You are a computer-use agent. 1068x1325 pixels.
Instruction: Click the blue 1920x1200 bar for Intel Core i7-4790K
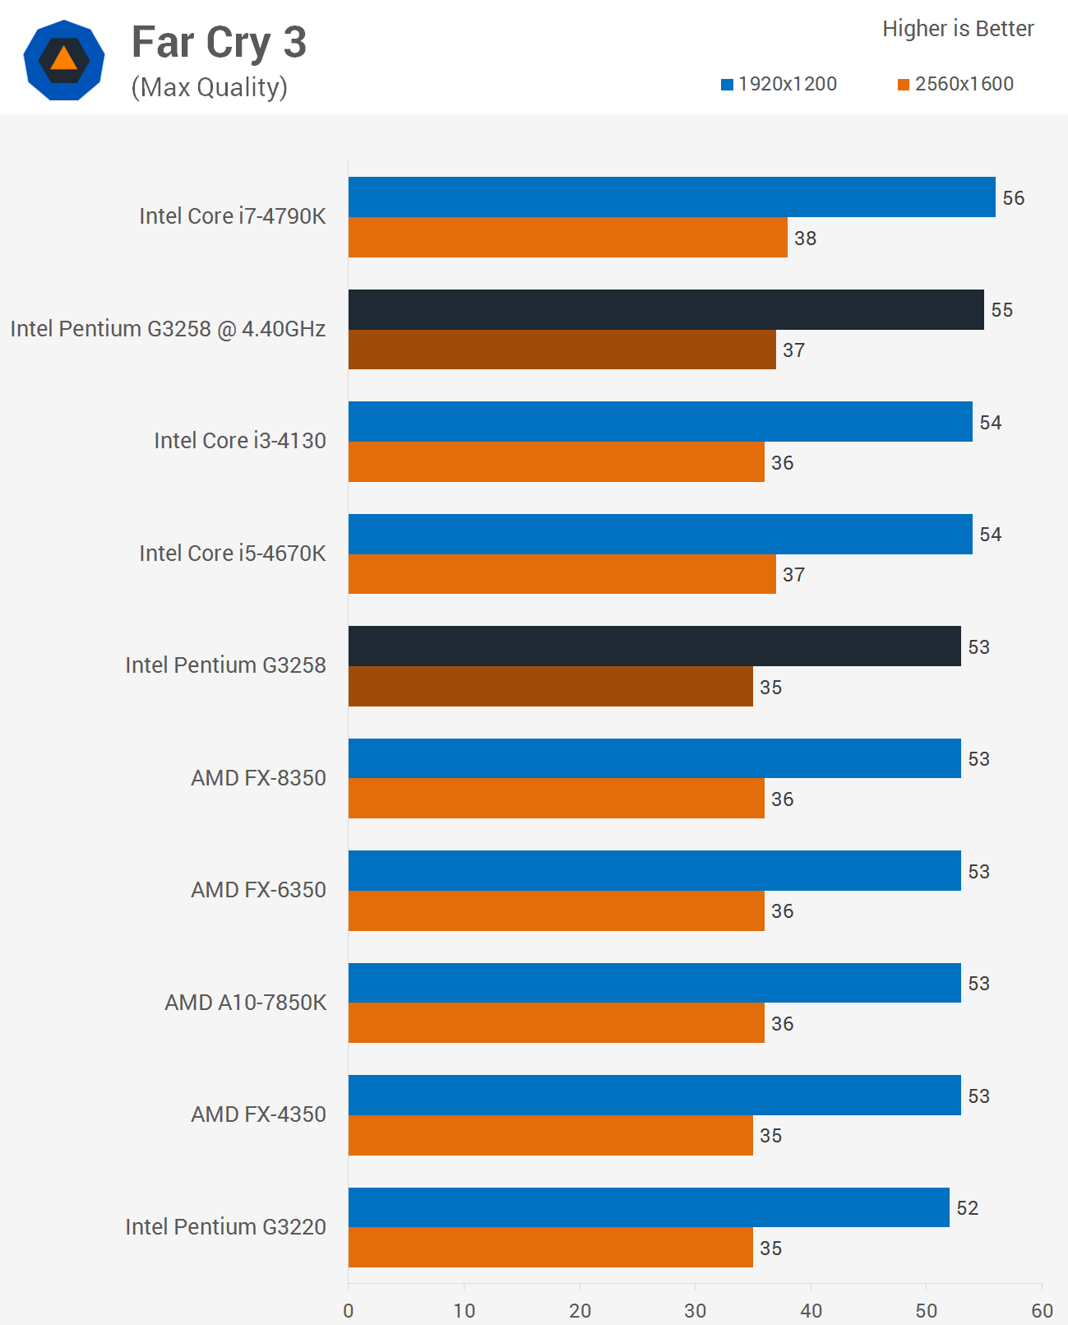(x=671, y=197)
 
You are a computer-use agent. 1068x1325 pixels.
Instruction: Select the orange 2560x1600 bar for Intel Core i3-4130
(x=556, y=462)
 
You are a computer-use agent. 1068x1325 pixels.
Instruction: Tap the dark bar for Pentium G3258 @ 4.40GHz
(x=666, y=310)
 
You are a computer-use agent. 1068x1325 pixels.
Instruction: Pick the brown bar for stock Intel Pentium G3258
(x=550, y=687)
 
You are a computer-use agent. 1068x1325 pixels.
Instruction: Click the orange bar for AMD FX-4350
(x=550, y=1136)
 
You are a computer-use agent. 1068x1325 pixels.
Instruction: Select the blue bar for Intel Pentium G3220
(x=648, y=1207)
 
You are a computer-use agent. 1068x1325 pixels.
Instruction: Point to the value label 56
(x=1013, y=198)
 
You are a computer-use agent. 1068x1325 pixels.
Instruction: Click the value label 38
(x=805, y=239)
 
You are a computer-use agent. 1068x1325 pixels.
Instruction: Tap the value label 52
(x=967, y=1208)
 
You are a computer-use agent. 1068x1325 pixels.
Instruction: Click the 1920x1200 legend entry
(x=779, y=84)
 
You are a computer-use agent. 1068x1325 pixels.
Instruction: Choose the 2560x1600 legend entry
(x=955, y=84)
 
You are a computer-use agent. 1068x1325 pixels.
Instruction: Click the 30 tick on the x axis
(x=695, y=1310)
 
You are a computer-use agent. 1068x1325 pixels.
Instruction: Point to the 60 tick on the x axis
(x=1041, y=1310)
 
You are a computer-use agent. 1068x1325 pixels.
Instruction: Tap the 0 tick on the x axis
(x=349, y=1310)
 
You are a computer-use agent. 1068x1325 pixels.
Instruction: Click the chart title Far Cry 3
(x=219, y=43)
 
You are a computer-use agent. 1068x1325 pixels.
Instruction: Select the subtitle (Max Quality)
(x=209, y=87)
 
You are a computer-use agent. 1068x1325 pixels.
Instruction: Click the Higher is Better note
(x=957, y=29)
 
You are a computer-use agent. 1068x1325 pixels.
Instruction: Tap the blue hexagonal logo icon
(x=64, y=60)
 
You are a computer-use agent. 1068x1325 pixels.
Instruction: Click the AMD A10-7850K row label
(x=245, y=1002)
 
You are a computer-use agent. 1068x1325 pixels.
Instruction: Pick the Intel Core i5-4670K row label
(x=232, y=553)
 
